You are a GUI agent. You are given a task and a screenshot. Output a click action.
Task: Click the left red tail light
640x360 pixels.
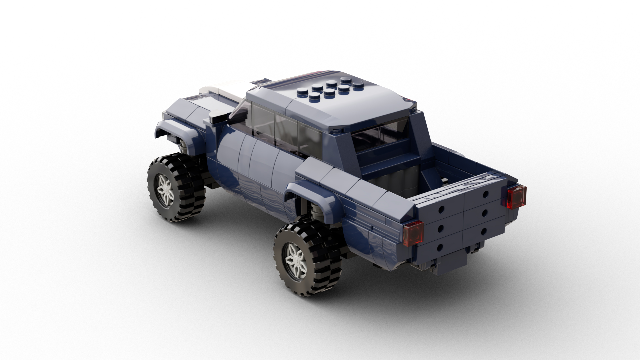click(x=413, y=233)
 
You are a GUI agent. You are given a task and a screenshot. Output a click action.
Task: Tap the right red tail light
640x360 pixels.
click(x=516, y=197)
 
